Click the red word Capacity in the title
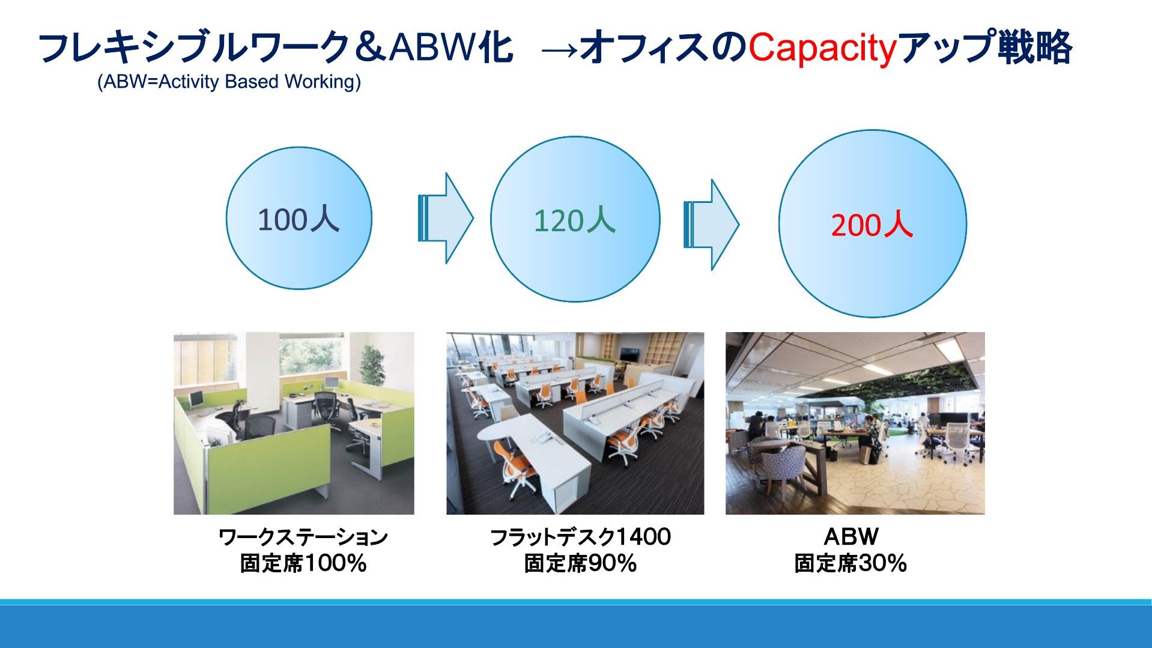click(x=822, y=48)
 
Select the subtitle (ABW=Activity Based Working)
click(x=229, y=82)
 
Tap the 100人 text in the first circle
click(x=299, y=219)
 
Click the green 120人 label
click(x=575, y=220)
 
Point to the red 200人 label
click(x=872, y=225)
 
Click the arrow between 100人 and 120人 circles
click(x=446, y=218)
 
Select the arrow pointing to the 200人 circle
click(x=712, y=225)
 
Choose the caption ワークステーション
click(x=303, y=537)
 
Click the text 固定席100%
click(x=303, y=563)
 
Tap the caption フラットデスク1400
click(x=580, y=537)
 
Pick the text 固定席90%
click(x=580, y=563)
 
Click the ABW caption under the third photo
click(x=851, y=536)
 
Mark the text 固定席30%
click(x=850, y=563)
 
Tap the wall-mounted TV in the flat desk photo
click(x=629, y=354)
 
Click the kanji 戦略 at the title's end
click(x=1035, y=48)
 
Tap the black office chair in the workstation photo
click(x=326, y=408)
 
